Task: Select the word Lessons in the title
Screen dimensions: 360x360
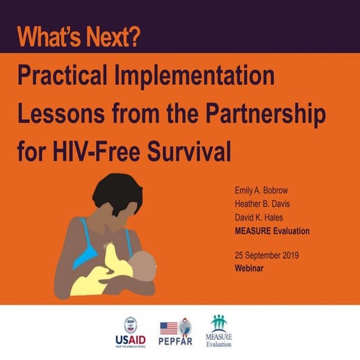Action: click(61, 114)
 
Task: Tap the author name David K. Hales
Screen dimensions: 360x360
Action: click(258, 218)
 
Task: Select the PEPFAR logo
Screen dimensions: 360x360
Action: click(176, 332)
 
